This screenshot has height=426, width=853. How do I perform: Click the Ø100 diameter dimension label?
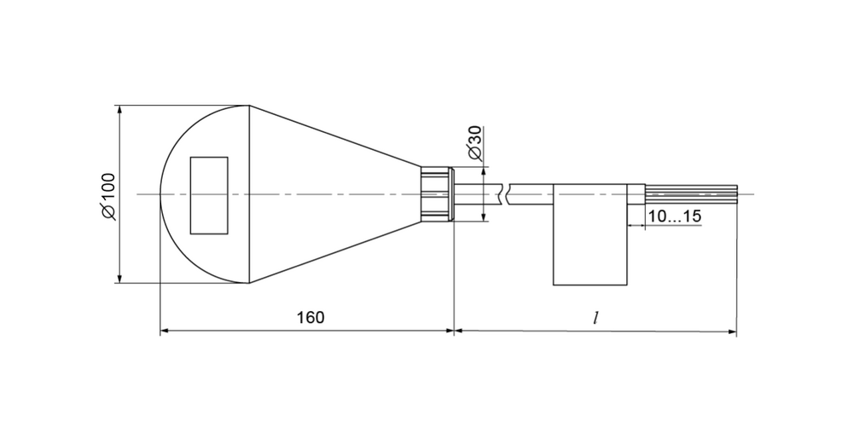coord(108,196)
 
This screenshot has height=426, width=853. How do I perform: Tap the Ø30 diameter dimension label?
coord(475,143)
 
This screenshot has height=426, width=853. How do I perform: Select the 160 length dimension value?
coord(310,317)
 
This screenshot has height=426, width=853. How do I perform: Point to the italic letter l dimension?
coord(596,317)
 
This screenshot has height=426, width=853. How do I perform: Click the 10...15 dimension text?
coord(675,216)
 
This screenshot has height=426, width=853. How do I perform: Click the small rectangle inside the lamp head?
coord(209,196)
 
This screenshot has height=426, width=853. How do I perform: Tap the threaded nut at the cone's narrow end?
coord(438,194)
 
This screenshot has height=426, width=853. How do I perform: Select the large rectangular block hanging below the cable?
coord(590,235)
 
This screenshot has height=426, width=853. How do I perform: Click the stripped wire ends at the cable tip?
coord(690,194)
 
